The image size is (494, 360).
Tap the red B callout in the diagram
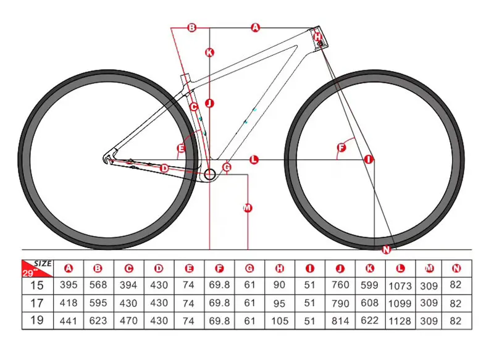pos(191,27)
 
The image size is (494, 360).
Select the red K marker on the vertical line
pos(210,52)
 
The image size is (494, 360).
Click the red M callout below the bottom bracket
pos(248,207)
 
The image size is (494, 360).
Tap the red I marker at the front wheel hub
pos(369,159)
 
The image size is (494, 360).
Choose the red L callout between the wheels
pos(254,159)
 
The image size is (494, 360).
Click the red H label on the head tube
pos(317,37)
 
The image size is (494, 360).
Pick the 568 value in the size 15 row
pos(98,286)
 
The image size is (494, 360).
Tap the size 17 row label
pos(37,303)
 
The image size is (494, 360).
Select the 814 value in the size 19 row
pos(341,321)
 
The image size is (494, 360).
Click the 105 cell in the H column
pos(280,320)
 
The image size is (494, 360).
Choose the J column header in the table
pos(340,268)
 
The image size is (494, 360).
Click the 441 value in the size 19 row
pos(68,320)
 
